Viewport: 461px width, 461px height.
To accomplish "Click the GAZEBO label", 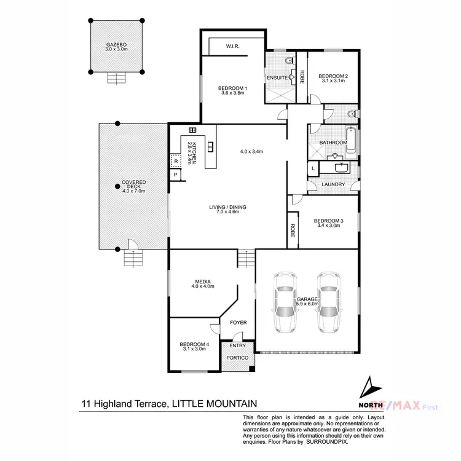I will coord(116,45).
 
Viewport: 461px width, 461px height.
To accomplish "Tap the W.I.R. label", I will coord(232,46).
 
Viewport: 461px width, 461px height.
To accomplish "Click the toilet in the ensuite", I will coord(289,61).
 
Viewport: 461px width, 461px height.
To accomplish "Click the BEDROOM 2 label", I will coord(333,76).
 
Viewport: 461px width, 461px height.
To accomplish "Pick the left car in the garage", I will coord(285,302).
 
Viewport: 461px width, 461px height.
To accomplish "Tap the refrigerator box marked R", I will coord(175,162).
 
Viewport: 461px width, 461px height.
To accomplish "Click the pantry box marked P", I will coord(176,175).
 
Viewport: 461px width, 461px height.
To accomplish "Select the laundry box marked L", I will coord(313,168).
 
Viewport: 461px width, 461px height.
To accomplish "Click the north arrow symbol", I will coord(368,388).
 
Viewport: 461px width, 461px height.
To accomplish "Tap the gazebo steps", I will coord(116,79).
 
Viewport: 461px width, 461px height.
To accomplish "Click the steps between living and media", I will coord(246,259).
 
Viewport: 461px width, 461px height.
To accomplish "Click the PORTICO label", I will coord(237,358).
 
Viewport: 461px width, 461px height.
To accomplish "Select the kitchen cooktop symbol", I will coord(192,130).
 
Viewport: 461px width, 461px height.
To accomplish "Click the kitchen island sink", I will coord(211,146).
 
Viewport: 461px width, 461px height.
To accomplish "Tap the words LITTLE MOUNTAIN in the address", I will coord(214,404).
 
